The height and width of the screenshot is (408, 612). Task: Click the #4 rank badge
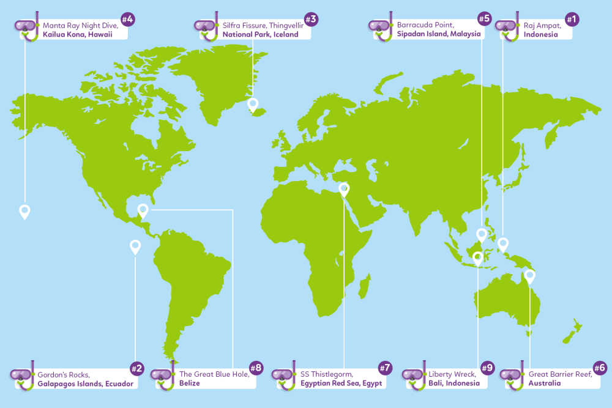coord(127,20)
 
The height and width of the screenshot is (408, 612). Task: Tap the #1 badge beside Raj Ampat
coord(572,20)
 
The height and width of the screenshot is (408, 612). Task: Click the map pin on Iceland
coord(253,105)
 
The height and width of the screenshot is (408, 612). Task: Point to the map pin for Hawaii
coord(24,211)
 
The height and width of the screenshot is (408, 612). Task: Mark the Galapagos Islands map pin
coord(135,246)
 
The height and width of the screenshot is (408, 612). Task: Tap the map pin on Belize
coord(143,210)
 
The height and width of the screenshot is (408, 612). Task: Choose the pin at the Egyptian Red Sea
coord(344,189)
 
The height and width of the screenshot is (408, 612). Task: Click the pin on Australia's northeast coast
coord(529,275)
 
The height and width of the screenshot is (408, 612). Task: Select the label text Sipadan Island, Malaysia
coord(438,34)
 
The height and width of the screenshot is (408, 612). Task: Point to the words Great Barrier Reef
coord(560,374)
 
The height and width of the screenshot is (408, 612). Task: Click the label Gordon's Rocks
coord(64,374)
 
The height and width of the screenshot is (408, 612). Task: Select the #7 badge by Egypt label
coord(384,368)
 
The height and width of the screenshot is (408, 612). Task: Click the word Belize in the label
coord(189,384)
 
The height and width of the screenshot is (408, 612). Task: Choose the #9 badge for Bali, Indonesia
coord(487,368)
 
